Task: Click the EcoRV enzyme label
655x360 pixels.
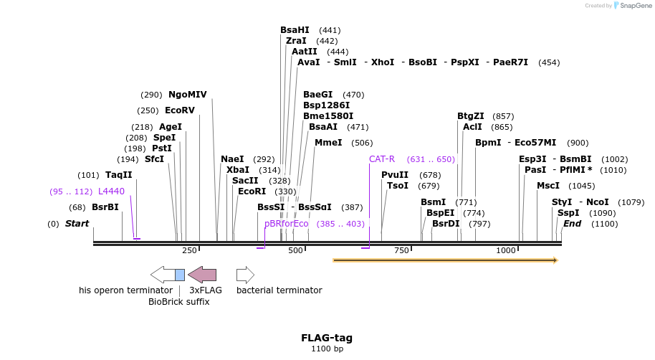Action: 179,110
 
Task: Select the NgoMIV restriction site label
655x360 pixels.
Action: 187,95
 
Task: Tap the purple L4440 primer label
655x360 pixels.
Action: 111,191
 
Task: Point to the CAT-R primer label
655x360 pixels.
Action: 382,159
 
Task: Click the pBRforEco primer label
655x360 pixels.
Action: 286,224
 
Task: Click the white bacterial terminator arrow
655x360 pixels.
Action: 245,275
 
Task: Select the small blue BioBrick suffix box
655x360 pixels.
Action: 180,275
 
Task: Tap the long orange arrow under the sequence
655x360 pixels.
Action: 444,260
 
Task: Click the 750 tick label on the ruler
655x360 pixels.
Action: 401,250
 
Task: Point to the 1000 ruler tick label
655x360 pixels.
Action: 506,250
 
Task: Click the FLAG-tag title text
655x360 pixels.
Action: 327,338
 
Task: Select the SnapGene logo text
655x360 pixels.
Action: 631,6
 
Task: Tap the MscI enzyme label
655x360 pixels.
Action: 548,186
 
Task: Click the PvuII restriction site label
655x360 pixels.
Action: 395,175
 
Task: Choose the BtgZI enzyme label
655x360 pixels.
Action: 470,116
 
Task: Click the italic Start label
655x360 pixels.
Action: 77,224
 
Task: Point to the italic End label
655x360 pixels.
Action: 572,224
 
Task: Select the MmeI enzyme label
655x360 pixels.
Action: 328,143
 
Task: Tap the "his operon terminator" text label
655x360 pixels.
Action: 125,290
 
